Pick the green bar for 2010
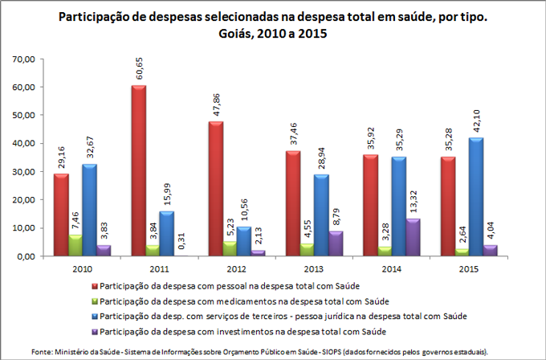tap(75, 245)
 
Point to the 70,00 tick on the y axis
tap(24, 59)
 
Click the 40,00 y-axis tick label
tap(24, 143)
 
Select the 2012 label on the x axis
tap(216, 269)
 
